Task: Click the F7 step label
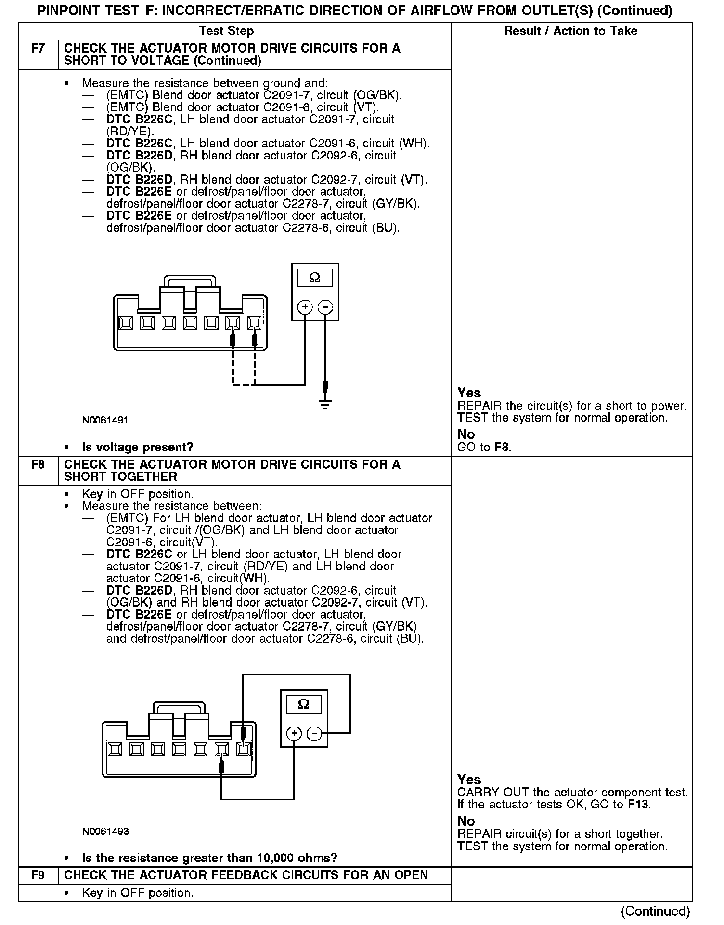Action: (x=38, y=49)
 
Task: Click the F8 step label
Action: (x=38, y=465)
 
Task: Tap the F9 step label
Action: (x=38, y=875)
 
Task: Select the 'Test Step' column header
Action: (x=226, y=31)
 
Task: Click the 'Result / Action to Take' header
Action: (x=570, y=31)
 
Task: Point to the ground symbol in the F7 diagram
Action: (x=325, y=404)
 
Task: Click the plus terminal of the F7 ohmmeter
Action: (x=305, y=307)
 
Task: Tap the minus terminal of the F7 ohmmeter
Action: (x=325, y=307)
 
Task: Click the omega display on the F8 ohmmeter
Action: (x=304, y=704)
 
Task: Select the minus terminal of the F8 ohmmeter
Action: (x=314, y=734)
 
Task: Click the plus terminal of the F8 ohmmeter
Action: (x=294, y=734)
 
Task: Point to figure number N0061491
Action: (x=105, y=420)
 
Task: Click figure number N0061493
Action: (x=105, y=832)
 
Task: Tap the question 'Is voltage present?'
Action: (x=137, y=448)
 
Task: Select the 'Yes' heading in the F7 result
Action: (x=469, y=393)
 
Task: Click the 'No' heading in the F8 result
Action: (x=465, y=821)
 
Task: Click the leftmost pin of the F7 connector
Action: (x=127, y=322)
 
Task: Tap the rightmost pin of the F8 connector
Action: (x=244, y=749)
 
